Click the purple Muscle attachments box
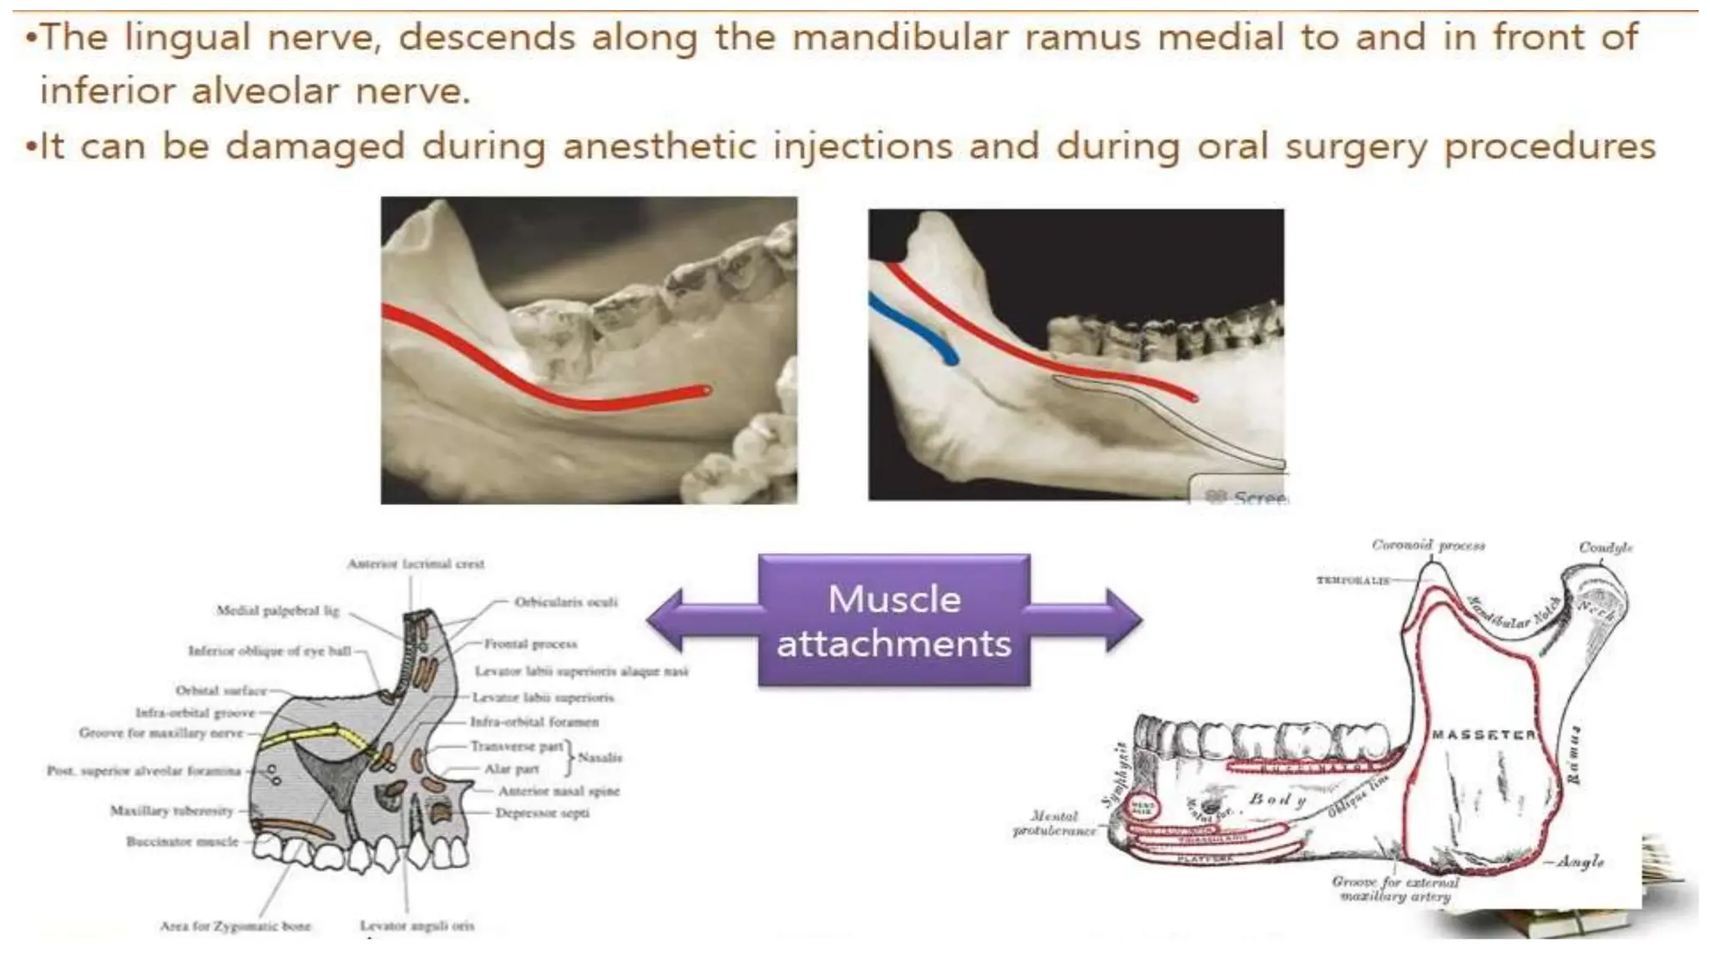pos(893,621)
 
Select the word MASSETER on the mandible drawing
pos(1484,735)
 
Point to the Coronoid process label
pos(1428,545)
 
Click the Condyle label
pos(1605,548)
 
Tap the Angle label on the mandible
pos(1580,860)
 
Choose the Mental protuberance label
pos(1054,823)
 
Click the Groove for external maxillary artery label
pos(1395,889)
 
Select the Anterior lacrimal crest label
pos(416,564)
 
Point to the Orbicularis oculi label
pos(565,602)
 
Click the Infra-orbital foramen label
pos(534,721)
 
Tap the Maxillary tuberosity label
pos(171,810)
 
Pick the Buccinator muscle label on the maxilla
pos(182,841)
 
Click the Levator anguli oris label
pos(417,925)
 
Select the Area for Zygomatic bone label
pos(235,925)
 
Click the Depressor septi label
pos(542,813)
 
